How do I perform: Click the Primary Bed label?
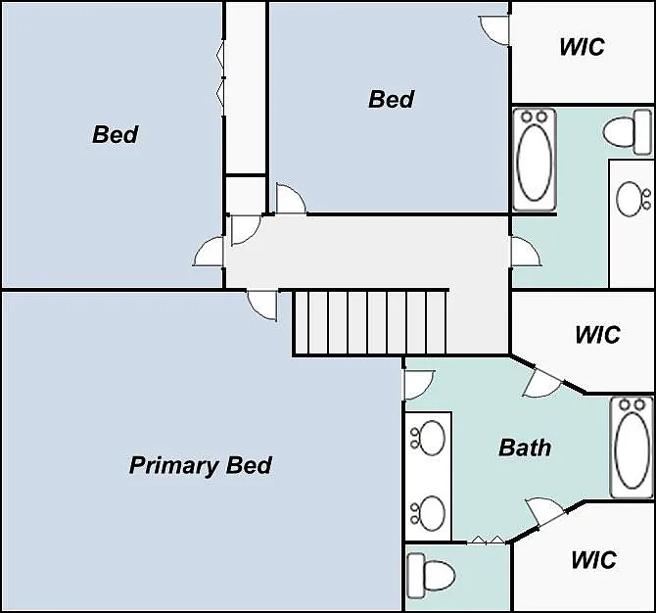point(201,465)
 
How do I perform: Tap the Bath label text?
point(525,448)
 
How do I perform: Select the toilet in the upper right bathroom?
point(628,132)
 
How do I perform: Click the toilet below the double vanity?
point(431,576)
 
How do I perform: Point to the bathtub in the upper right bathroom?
point(535,160)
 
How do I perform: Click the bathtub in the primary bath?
point(632,448)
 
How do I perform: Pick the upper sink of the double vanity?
point(428,438)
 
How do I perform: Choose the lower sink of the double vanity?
point(428,513)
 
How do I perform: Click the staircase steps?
point(369,322)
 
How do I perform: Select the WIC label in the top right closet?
point(582,47)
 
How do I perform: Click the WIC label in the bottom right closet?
point(593,560)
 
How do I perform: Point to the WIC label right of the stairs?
point(597,335)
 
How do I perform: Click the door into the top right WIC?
point(494,29)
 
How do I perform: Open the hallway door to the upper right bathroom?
point(526,252)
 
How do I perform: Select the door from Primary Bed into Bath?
point(419,385)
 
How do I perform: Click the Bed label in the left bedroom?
point(115,135)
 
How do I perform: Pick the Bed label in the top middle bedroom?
point(392,100)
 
